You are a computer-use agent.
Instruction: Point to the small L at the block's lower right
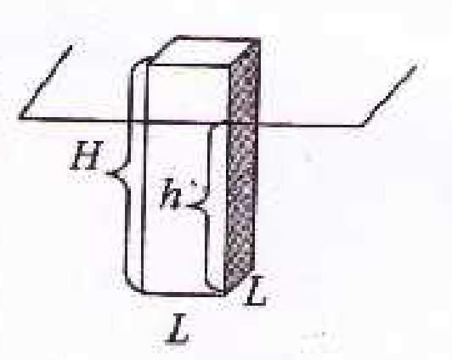coord(255,291)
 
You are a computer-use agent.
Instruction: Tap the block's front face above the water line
coord(188,93)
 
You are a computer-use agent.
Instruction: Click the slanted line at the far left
coord(45,82)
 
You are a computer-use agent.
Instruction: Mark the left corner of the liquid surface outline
coord(20,117)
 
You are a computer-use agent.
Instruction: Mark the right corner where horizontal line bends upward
coord(364,125)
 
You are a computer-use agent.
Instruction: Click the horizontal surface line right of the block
coord(311,125)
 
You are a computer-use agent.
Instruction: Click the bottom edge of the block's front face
coord(184,294)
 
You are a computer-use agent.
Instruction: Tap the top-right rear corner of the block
coord(260,38)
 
